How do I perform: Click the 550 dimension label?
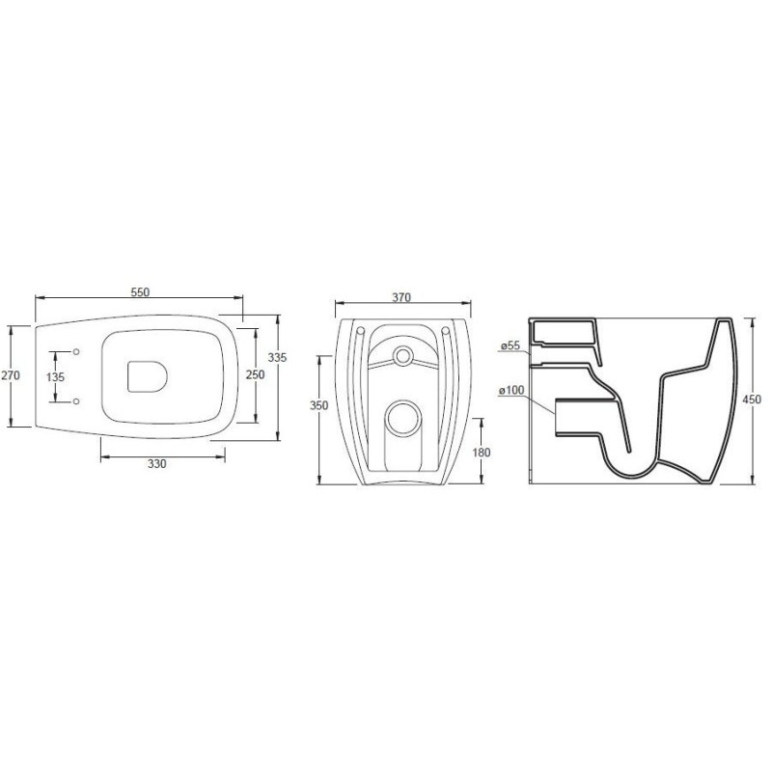point(140,292)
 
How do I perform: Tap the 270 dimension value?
point(11,375)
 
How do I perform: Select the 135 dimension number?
point(55,377)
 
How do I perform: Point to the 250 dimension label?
point(256,374)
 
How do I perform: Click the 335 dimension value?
point(277,357)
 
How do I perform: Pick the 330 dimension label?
point(157,463)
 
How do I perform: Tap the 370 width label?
point(401,297)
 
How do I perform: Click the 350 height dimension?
point(318,405)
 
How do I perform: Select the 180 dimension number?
point(481,452)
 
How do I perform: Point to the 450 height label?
point(752,400)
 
